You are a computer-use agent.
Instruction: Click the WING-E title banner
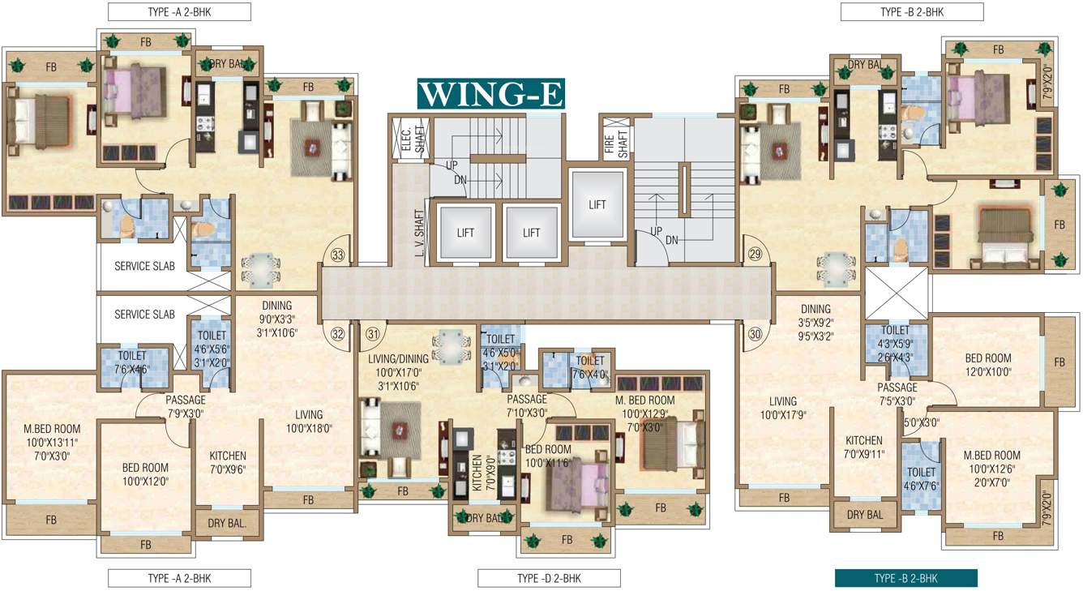point(490,93)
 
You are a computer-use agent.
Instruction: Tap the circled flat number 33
point(338,255)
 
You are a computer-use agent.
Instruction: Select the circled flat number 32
point(338,332)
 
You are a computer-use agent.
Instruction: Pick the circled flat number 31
point(372,332)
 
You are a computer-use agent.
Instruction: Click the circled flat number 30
point(756,332)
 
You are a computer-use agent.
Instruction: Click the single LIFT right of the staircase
point(597,205)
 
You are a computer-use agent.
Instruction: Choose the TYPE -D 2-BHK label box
point(549,578)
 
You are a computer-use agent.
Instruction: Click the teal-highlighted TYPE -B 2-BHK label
point(906,578)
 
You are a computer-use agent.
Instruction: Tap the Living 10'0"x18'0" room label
point(308,421)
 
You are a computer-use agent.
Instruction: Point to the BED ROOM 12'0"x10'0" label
point(987,365)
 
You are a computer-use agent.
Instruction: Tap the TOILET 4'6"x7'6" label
point(922,478)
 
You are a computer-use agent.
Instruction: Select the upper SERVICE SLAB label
point(144,266)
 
